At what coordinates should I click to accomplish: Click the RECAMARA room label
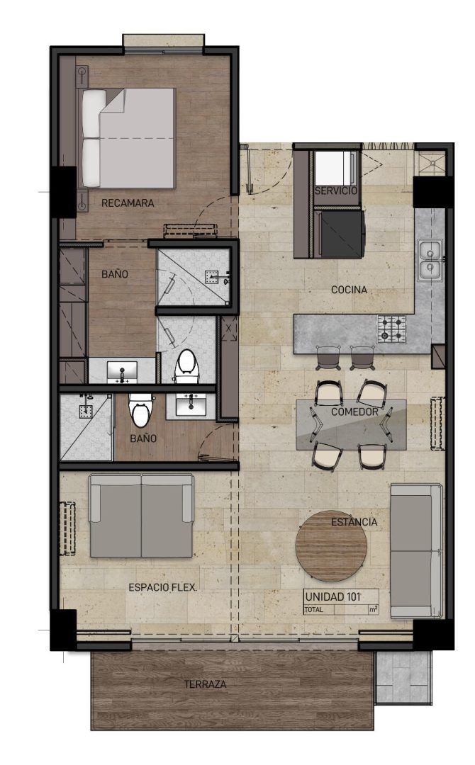pyautogui.click(x=128, y=203)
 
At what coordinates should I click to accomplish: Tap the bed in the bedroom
pyautogui.click(x=128, y=137)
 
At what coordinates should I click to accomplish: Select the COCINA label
pyautogui.click(x=349, y=290)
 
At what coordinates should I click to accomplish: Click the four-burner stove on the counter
pyautogui.click(x=392, y=328)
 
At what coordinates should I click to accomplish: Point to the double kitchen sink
pyautogui.click(x=430, y=261)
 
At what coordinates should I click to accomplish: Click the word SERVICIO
pyautogui.click(x=336, y=191)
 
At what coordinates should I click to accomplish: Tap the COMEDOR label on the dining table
pyautogui.click(x=354, y=412)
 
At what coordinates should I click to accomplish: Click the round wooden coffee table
pyautogui.click(x=332, y=546)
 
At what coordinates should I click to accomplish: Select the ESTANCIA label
pyautogui.click(x=354, y=522)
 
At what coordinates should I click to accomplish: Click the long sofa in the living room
pyautogui.click(x=416, y=550)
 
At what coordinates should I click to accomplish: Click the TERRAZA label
pyautogui.click(x=206, y=684)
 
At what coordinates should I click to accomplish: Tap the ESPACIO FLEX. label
pyautogui.click(x=163, y=587)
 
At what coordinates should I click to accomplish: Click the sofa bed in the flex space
pyautogui.click(x=141, y=516)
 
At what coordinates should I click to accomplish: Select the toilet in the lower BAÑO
pyautogui.click(x=140, y=409)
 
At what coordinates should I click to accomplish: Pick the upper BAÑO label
pyautogui.click(x=116, y=274)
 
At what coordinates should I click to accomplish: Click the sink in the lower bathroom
pyautogui.click(x=191, y=404)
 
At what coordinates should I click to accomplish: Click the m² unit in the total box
pyautogui.click(x=374, y=609)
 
